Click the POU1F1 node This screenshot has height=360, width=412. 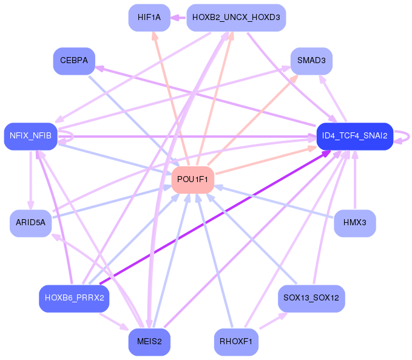click(194, 180)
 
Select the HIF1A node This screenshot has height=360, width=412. click(149, 18)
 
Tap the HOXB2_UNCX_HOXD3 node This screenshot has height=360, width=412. click(236, 18)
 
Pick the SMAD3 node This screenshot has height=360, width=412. click(311, 61)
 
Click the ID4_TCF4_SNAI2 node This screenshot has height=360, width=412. click(355, 136)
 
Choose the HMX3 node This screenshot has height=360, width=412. click(355, 223)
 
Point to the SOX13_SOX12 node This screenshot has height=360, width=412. click(311, 298)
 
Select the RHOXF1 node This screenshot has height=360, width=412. click(236, 342)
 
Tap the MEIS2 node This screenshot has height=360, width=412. click(149, 342)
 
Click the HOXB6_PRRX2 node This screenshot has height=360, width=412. click(74, 298)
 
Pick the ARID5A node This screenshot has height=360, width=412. click(30, 223)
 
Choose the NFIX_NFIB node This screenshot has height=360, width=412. click(30, 136)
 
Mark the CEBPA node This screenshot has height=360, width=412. click(74, 61)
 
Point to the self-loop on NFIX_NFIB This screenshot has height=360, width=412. click(69, 137)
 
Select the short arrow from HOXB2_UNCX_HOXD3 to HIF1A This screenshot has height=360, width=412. click(178, 18)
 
